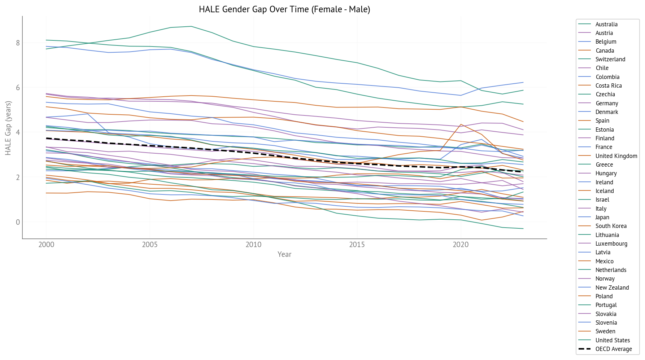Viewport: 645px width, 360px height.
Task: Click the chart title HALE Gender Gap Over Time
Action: point(284,9)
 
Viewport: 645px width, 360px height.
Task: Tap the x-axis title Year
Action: point(284,254)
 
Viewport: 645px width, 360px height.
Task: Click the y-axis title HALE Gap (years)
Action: point(8,128)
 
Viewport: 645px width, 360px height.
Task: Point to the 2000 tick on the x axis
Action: point(46,245)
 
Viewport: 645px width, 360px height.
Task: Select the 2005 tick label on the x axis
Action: point(150,245)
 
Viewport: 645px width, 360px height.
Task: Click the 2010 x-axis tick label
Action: point(253,245)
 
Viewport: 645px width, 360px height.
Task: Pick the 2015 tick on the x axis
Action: point(357,245)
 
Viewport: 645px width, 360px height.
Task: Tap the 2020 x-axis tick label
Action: point(461,245)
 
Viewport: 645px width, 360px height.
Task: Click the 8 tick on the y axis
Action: point(18,43)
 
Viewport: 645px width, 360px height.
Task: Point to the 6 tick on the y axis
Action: point(18,88)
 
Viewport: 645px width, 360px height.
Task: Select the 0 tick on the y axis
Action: point(18,222)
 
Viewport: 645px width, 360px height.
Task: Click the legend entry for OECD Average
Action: point(614,349)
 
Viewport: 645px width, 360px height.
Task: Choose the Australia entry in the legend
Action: point(606,25)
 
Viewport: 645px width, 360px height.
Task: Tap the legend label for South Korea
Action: point(611,226)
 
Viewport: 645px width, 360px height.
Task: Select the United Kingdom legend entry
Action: point(616,156)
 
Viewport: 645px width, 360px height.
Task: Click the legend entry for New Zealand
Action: point(612,288)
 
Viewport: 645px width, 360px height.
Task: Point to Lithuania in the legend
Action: point(607,235)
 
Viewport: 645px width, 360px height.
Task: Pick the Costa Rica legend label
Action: point(609,86)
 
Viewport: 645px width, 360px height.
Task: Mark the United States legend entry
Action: point(613,341)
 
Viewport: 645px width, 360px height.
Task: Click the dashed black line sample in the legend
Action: point(584,349)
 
